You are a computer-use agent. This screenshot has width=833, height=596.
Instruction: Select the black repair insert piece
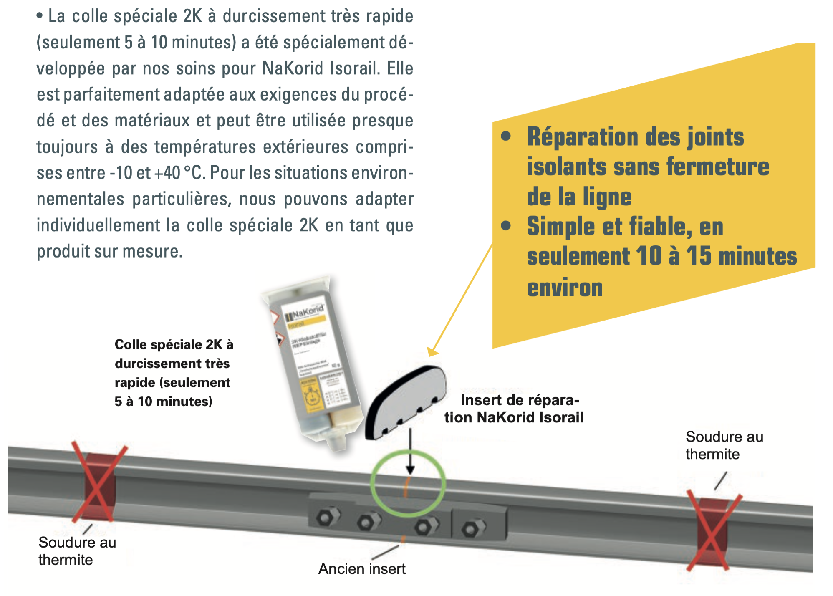click(x=405, y=402)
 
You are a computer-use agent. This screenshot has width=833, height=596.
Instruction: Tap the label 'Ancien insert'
click(x=362, y=569)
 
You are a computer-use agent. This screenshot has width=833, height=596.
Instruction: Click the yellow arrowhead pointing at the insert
click(x=432, y=351)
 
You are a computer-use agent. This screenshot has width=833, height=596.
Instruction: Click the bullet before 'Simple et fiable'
click(x=506, y=226)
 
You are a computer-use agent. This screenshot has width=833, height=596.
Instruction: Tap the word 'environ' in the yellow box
click(x=565, y=288)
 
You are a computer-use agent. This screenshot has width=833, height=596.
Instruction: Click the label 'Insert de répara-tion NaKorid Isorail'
click(x=514, y=409)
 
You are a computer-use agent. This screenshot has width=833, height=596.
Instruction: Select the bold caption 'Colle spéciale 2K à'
click(x=174, y=344)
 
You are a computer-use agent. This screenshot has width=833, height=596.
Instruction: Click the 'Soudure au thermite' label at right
click(x=724, y=445)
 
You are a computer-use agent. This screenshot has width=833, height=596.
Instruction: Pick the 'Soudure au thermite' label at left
click(x=77, y=551)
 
